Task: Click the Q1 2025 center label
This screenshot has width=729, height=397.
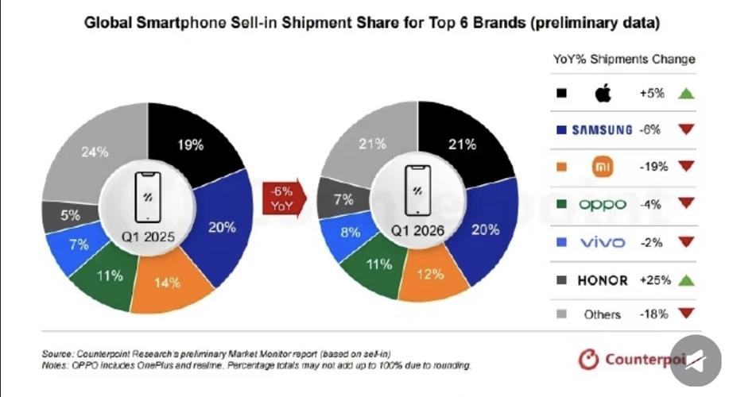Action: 149,237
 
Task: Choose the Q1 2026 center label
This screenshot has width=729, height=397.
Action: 417,232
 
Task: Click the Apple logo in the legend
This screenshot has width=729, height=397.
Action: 602,94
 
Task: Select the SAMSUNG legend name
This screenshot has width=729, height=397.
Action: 602,130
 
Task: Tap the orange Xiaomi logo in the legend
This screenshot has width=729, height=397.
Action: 602,167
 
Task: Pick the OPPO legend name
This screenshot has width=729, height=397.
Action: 602,204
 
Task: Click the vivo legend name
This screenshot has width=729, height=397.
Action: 602,242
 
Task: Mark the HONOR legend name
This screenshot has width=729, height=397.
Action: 602,279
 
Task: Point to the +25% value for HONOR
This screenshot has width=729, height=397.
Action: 654,279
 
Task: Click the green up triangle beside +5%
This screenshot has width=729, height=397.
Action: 687,94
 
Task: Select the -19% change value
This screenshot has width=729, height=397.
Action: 653,167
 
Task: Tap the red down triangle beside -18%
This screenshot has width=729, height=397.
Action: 687,314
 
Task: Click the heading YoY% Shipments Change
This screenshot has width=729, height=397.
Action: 624,59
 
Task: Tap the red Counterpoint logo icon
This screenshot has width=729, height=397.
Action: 587,360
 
